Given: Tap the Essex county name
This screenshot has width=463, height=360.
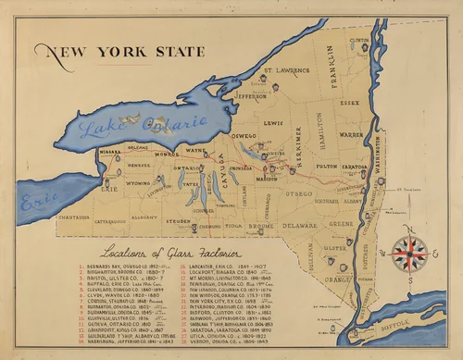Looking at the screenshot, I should tap(349, 104).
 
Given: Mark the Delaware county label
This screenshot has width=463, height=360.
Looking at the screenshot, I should tap(299, 224).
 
